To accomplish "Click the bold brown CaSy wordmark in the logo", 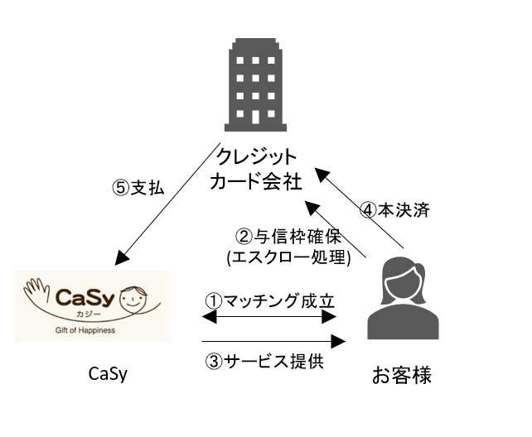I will [85, 297].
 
